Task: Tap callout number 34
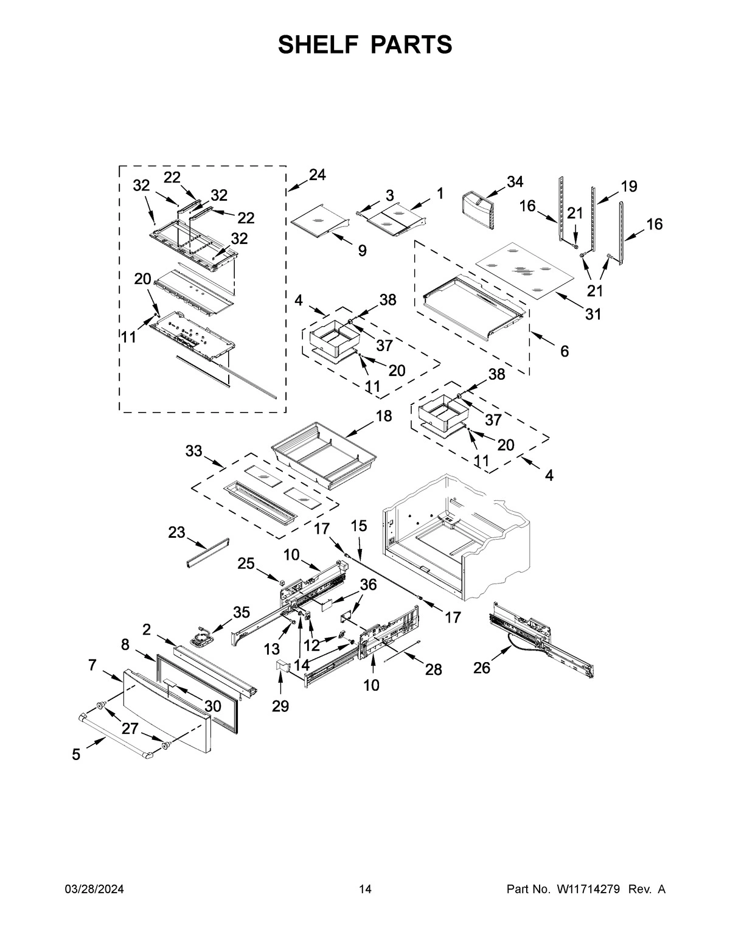pos(515,182)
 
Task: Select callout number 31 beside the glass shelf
pos(593,314)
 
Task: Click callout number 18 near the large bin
pos(384,416)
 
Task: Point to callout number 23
pos(176,532)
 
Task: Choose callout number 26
pos(482,668)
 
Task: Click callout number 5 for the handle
pos(76,755)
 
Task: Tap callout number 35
pos(242,612)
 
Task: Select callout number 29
pos(280,706)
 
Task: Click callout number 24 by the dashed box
pos(317,175)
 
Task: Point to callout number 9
pos(362,250)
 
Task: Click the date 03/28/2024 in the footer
pos(94,890)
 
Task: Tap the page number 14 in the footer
pos(365,890)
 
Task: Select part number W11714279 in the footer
pos(588,890)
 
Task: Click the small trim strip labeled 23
pos(207,553)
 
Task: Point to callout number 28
pos(433,670)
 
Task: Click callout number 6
pos(565,351)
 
